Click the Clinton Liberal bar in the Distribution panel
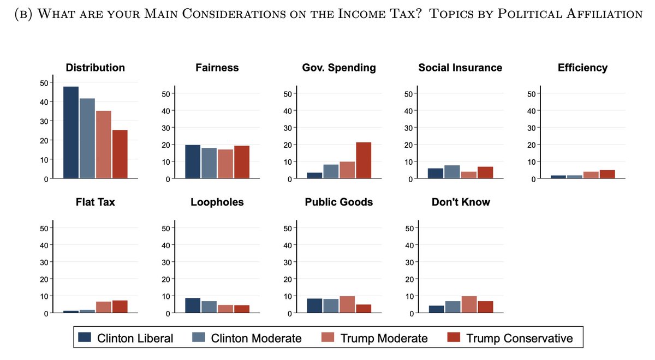[71, 133]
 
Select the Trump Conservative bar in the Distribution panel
[120, 154]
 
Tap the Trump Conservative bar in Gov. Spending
[364, 160]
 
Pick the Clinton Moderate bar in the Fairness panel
[209, 163]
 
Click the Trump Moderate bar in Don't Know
[469, 304]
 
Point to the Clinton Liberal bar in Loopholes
[193, 305]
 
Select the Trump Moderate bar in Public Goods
[347, 304]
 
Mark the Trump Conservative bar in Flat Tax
[120, 307]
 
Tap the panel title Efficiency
[582, 68]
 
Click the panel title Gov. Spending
[339, 68]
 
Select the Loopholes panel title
[217, 202]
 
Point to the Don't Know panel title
[461, 202]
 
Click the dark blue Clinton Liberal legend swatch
[85, 338]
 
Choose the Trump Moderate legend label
[384, 338]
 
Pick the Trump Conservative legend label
[520, 338]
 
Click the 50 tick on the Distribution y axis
[44, 82]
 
